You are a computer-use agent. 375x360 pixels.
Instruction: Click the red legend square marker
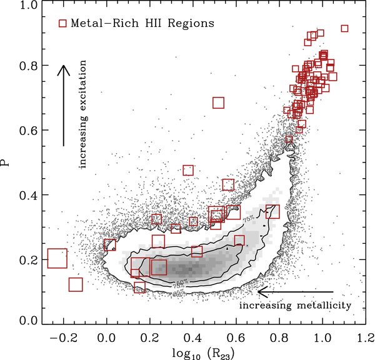(x=62, y=23)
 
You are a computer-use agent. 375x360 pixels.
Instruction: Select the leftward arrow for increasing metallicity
(x=295, y=291)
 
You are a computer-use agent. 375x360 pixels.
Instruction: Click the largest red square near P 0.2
(x=57, y=257)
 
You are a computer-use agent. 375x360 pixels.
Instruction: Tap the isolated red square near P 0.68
(x=218, y=102)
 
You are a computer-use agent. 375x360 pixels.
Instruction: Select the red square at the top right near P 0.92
(x=344, y=28)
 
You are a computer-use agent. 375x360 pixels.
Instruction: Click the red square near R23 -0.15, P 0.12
(x=76, y=284)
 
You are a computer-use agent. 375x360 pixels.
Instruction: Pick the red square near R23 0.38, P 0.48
(x=188, y=170)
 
